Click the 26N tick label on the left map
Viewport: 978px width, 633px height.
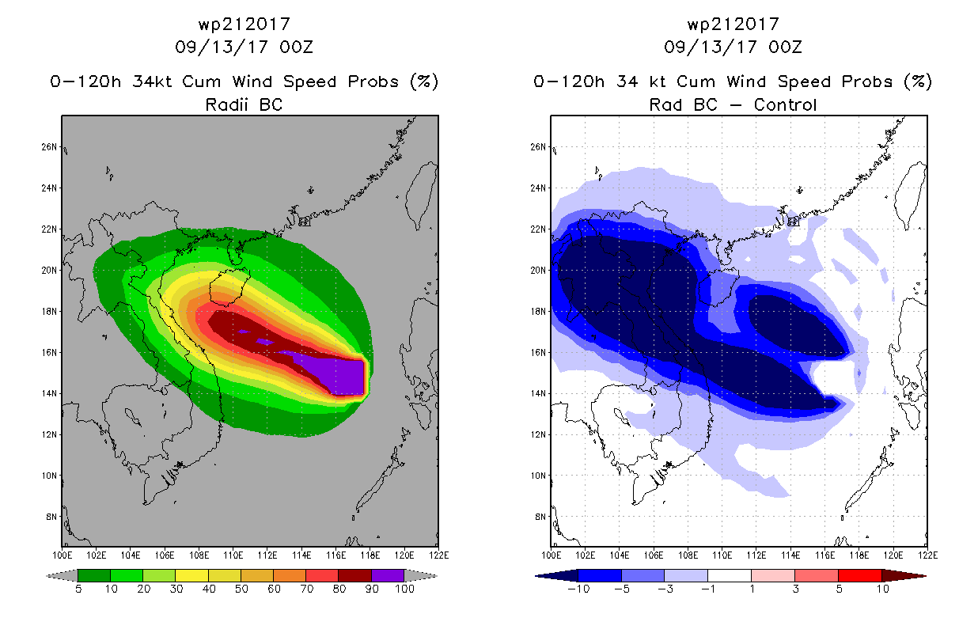(49, 147)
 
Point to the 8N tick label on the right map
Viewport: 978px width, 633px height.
(540, 517)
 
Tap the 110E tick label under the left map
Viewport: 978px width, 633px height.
(233, 555)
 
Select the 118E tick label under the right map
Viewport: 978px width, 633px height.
(859, 555)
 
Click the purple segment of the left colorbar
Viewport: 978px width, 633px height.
(388, 575)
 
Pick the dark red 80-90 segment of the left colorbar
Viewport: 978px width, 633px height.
(355, 575)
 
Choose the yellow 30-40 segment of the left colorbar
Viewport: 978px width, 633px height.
(192, 575)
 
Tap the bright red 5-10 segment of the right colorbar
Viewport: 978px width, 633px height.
(860, 575)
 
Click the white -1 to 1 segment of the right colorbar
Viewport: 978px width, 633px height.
(730, 575)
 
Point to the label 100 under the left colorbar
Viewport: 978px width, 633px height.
(405, 589)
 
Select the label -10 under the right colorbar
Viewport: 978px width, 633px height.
(578, 589)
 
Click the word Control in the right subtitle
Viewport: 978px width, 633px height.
(785, 105)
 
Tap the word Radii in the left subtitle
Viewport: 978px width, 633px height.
(226, 105)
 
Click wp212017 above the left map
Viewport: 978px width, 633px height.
(244, 25)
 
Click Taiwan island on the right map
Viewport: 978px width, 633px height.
(910, 195)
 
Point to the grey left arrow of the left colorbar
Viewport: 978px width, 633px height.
(62, 575)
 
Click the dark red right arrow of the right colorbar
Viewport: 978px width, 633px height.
(904, 575)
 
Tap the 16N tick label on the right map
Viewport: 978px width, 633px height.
(538, 353)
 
